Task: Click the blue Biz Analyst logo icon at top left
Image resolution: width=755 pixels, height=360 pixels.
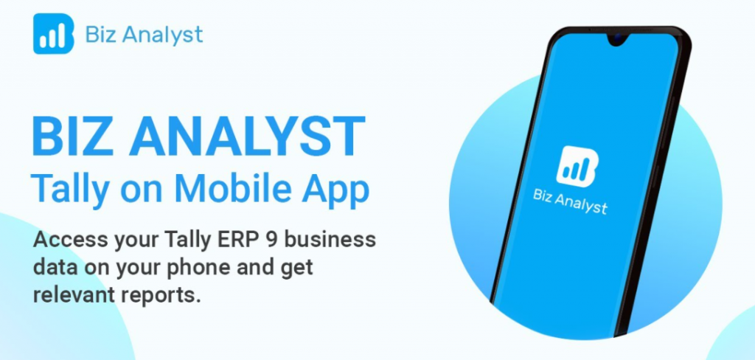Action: point(53,34)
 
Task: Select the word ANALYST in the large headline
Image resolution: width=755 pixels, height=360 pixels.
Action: point(246,136)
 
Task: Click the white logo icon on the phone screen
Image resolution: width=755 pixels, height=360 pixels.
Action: point(577,166)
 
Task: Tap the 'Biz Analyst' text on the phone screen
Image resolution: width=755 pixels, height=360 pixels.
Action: point(570,201)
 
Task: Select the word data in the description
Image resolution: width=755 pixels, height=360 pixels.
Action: point(52,268)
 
